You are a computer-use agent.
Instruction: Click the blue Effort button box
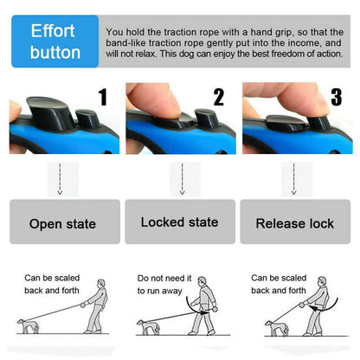(x=55, y=42)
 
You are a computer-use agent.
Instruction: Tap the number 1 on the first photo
(x=103, y=96)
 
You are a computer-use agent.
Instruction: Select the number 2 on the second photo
(x=218, y=96)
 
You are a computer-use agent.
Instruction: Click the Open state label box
(x=61, y=222)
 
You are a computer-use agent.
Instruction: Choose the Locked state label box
(x=179, y=222)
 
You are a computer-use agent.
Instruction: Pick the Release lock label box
(x=294, y=222)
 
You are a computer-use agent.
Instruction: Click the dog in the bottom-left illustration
(x=28, y=327)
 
